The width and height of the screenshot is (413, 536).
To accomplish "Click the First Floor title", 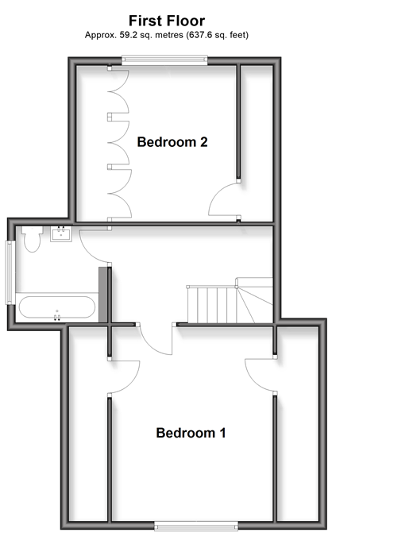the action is [167, 21].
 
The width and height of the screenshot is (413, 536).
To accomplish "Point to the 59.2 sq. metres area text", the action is [151, 35].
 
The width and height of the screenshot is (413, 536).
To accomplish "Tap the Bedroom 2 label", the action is [172, 142].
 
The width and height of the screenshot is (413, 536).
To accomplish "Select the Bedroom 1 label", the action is [191, 433].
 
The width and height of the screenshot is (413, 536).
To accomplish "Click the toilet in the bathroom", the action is [32, 238].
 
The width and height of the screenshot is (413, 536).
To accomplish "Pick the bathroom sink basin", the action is [61, 233].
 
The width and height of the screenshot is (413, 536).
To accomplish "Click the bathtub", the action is [57, 307].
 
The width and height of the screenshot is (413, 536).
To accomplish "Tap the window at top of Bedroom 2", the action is [164, 60].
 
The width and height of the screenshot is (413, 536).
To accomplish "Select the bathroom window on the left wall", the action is [10, 272].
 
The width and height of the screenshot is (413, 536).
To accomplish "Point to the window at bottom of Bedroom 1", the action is [196, 526].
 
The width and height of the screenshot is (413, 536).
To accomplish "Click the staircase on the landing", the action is [230, 301].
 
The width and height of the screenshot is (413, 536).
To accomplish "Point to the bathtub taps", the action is [57, 317].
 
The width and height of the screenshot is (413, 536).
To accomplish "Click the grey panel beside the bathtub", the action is [102, 295].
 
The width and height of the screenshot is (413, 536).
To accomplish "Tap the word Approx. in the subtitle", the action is [101, 35].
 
